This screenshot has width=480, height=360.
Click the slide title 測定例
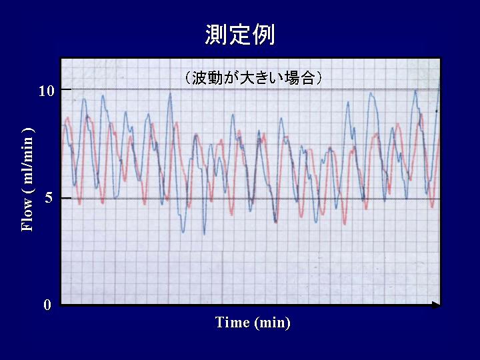tap(240, 34)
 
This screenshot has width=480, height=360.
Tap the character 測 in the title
tap(216, 34)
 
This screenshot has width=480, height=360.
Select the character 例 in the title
tap(263, 34)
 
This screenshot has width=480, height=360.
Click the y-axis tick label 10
tap(46, 91)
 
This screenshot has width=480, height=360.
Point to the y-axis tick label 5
tap(49, 199)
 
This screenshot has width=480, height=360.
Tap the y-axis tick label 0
tap(47, 305)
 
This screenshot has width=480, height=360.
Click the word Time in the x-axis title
tap(233, 322)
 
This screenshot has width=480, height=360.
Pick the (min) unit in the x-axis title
tap(272, 323)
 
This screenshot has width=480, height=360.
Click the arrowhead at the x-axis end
tap(436, 305)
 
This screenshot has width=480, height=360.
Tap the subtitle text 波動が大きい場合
tap(253, 79)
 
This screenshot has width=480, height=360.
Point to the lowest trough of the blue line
tap(204, 234)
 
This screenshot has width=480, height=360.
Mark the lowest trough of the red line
tap(345, 225)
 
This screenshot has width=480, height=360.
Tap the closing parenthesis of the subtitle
tap(319, 79)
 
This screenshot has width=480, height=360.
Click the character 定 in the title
tap(240, 34)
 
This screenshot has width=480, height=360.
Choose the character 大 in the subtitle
tap(246, 79)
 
